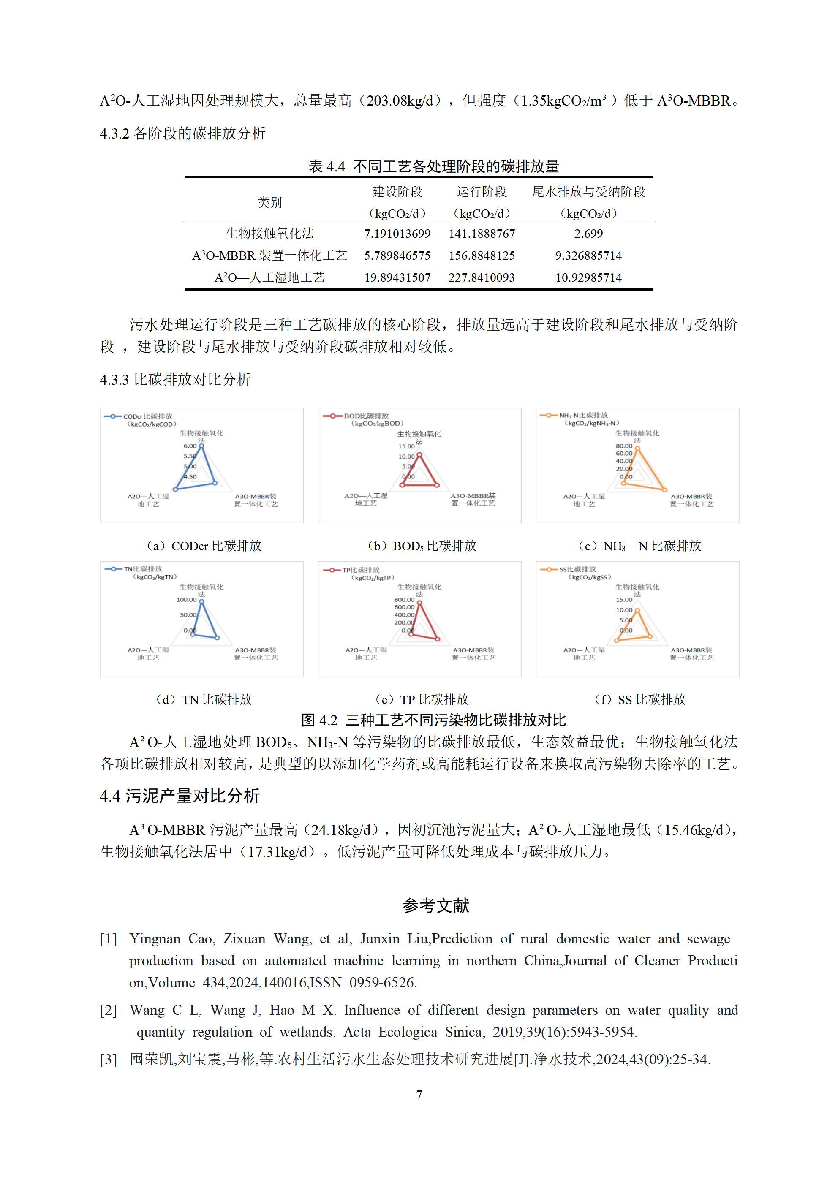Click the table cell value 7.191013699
tap(397, 234)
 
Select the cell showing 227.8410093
tap(481, 278)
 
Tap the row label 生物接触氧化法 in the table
tap(269, 234)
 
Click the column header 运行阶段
tap(481, 192)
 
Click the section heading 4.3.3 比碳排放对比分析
tap(175, 380)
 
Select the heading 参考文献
tap(436, 906)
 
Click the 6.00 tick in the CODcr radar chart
tap(190, 446)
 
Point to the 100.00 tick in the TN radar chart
tap(186, 600)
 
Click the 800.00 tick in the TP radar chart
tap(404, 600)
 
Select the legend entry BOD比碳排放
tap(366, 416)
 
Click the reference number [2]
tap(109, 1011)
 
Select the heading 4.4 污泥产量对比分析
tap(179, 796)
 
